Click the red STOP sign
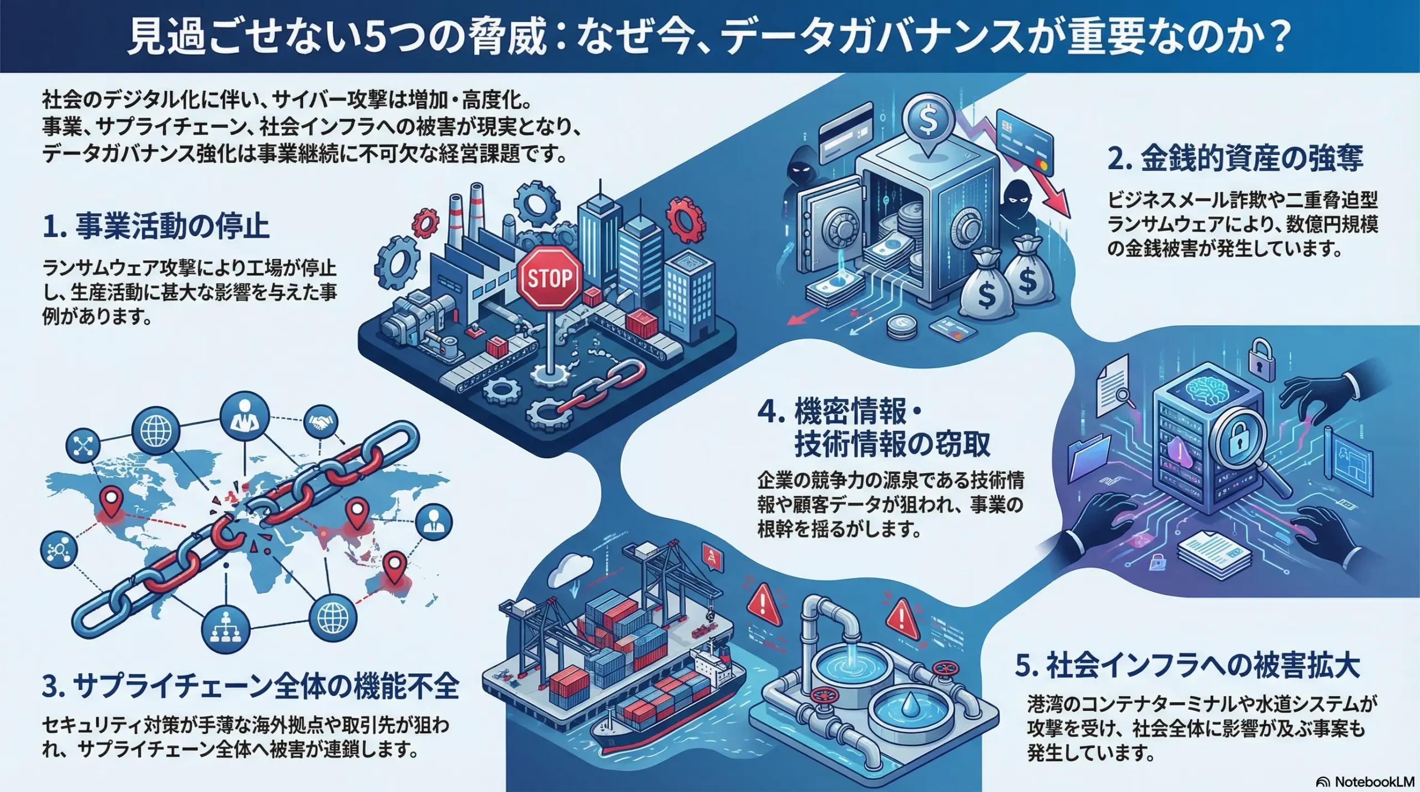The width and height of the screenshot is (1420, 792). click(x=549, y=278)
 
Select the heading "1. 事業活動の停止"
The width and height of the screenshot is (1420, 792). click(x=156, y=227)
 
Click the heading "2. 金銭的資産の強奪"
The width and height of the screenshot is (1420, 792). click(x=1235, y=159)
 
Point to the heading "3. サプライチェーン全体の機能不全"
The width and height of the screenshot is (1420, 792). click(x=250, y=686)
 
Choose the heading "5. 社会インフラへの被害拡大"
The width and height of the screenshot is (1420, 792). click(x=1187, y=666)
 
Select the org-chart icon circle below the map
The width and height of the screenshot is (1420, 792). click(x=226, y=628)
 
